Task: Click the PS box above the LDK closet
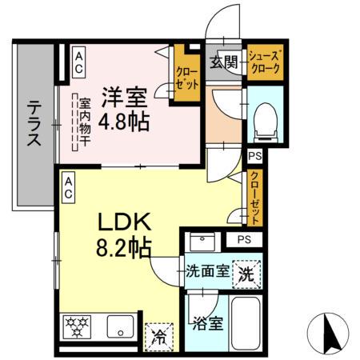point(254,156)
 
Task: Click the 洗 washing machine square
point(247,273)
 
